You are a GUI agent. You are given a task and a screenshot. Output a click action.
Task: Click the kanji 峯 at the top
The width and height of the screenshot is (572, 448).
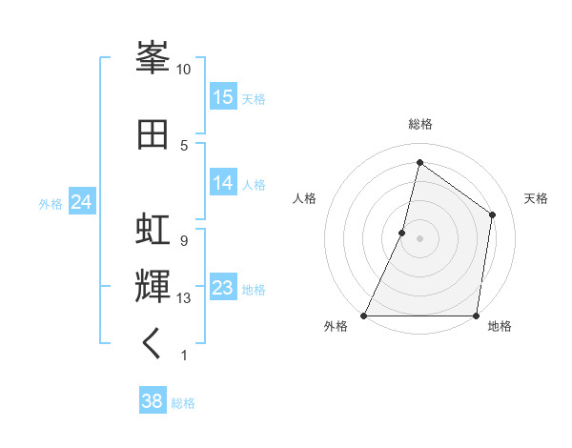(153, 59)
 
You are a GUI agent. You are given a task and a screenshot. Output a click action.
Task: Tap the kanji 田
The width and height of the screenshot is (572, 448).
(153, 133)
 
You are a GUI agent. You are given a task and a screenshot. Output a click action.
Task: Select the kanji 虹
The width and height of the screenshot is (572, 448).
(153, 232)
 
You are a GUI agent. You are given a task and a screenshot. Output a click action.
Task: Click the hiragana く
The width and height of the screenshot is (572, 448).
(153, 343)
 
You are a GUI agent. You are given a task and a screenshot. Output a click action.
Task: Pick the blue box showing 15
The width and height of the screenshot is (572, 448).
(223, 97)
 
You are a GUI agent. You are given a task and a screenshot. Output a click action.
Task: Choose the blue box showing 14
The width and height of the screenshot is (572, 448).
(223, 183)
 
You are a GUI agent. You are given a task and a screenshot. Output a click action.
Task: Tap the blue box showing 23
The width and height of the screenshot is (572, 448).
(223, 288)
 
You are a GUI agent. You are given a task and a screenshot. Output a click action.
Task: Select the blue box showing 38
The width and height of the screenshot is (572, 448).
(153, 401)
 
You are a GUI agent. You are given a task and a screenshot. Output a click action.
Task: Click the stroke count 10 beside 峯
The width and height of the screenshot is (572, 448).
(184, 70)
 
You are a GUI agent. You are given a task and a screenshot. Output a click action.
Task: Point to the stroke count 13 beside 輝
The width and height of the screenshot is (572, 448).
(184, 298)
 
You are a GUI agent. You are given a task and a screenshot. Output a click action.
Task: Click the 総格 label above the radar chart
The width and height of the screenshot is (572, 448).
(419, 124)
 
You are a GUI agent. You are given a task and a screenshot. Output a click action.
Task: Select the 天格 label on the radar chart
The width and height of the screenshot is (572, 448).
(536, 198)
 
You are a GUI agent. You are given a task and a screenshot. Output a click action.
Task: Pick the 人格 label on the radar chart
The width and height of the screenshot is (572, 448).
(304, 198)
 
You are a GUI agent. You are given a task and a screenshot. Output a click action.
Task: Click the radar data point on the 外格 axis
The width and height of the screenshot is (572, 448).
(364, 316)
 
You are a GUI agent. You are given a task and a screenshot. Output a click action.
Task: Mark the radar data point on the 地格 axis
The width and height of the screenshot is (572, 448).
(476, 316)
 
